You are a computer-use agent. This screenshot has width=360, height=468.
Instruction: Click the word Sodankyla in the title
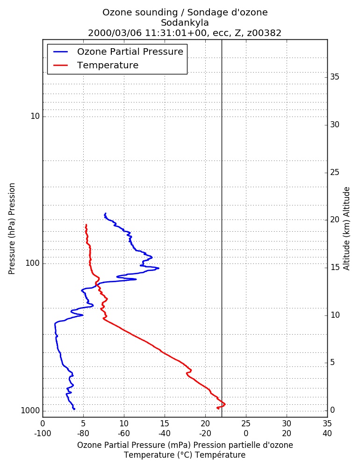(x=185, y=22)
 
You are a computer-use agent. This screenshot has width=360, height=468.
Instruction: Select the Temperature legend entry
(x=96, y=65)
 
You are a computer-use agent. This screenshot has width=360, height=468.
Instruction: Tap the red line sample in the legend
(x=61, y=66)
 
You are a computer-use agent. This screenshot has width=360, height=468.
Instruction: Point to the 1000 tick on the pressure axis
(x=30, y=410)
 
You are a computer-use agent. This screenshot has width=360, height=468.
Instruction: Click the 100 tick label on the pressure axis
(x=33, y=263)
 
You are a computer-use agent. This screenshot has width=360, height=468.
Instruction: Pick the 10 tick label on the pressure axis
(x=35, y=116)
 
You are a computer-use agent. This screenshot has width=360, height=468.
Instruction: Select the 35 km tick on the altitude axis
(x=335, y=77)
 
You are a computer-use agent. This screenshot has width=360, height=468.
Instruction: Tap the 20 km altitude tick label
(x=335, y=219)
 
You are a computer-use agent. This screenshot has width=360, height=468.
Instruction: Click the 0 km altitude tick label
(x=332, y=410)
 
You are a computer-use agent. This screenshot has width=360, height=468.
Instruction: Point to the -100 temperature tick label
(x=43, y=433)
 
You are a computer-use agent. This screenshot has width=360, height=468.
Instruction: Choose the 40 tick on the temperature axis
(x=327, y=433)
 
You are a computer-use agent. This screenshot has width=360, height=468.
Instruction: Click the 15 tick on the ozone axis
(x=165, y=424)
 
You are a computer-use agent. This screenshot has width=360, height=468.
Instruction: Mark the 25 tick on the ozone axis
(x=246, y=424)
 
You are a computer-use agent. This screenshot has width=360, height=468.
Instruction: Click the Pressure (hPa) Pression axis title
(x=12, y=229)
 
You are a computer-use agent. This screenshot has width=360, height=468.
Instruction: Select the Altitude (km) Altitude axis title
(x=346, y=229)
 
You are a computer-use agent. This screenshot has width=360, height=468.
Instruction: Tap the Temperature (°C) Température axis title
(x=185, y=455)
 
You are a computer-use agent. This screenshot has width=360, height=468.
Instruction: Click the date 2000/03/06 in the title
(x=115, y=33)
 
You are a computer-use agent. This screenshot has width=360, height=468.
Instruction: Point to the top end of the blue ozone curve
(x=105, y=213)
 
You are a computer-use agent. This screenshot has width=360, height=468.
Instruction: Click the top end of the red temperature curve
(x=86, y=225)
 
